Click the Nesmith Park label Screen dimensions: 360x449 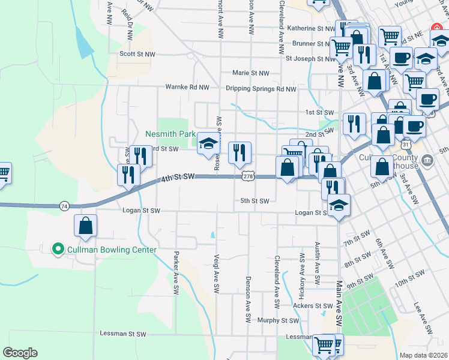coord(170,134)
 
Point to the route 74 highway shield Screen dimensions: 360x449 coord(64,206)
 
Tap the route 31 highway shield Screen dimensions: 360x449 coord(406,145)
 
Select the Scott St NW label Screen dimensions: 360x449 coord(137,53)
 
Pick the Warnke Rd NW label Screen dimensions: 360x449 coord(187,87)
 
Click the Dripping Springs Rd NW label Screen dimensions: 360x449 coord(261,89)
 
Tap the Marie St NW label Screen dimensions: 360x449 coord(251,73)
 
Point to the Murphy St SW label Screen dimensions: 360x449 coord(278,320)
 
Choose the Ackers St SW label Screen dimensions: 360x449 coord(312,305)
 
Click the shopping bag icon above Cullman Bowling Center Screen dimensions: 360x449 coord(86,226)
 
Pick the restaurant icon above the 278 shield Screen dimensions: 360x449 coord(240,154)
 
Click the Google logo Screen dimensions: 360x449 coord(20,353)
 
